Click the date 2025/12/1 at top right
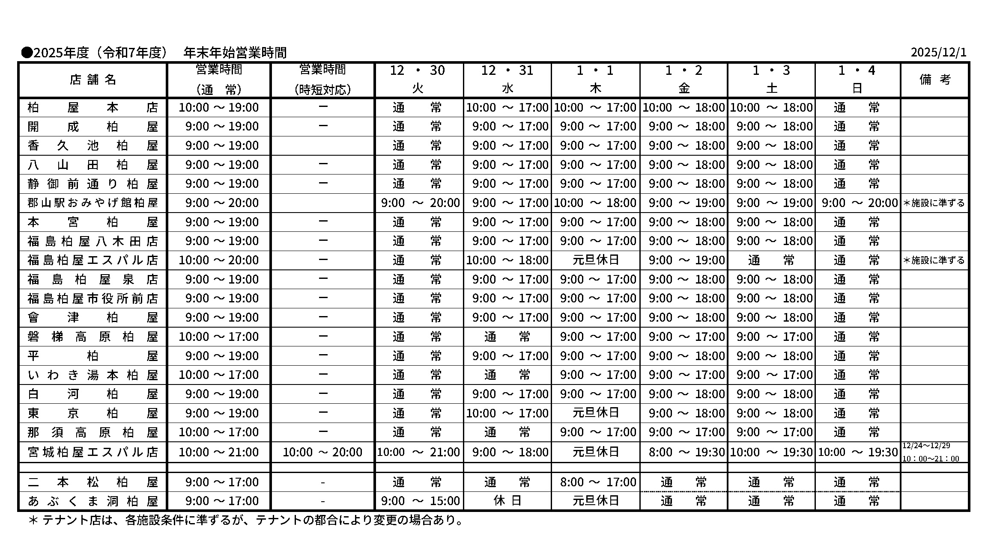coord(938,53)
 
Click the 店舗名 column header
coord(93,80)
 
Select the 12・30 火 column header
coord(418,79)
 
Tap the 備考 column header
coord(934,80)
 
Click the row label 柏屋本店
coord(93,107)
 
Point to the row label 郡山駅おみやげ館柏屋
coord(93,203)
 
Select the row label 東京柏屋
coord(93,413)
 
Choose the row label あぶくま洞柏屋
coord(93,501)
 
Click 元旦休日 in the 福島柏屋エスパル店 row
coord(595,260)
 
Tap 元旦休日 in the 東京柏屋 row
coord(595,413)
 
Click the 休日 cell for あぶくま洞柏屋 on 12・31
coord(507,500)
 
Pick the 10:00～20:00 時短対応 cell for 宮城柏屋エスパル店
coord(322,452)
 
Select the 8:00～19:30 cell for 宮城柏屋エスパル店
coord(684,452)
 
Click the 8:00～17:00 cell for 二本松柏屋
coord(595,482)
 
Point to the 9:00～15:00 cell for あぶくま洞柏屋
coord(420,501)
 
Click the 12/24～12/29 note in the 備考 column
coord(926,446)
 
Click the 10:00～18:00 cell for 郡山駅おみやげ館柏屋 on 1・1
coord(595,203)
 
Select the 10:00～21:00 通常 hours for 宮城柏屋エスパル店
coord(218,452)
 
